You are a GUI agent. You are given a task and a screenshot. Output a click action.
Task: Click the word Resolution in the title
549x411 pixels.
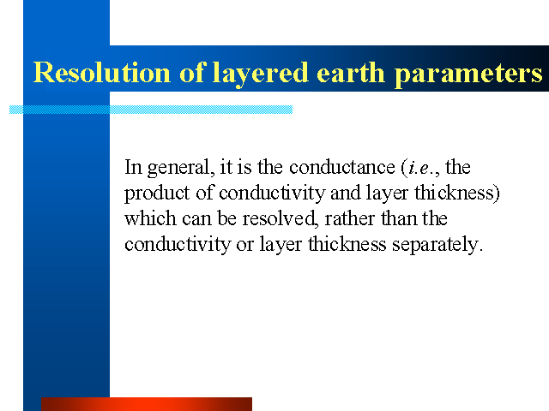pos(102,72)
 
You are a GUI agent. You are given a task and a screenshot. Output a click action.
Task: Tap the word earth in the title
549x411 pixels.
pos(351,72)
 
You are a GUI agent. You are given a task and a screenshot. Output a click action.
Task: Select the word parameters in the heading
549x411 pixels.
pos(469,74)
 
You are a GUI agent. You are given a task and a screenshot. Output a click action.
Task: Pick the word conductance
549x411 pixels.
pos(342,167)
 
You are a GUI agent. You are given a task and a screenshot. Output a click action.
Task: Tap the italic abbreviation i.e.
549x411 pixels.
pos(421,168)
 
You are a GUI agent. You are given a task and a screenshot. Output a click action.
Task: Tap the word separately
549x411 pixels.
pos(437,245)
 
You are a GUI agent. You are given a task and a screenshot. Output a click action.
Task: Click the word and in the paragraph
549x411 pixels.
pos(346,193)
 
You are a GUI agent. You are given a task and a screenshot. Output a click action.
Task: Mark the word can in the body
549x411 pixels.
pos(196,220)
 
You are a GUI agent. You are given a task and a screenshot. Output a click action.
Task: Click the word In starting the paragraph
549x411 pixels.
pos(134,167)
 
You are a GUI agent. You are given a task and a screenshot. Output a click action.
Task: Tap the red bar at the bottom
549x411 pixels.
pos(147,404)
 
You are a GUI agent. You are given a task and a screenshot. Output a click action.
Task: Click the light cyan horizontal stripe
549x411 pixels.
pos(151,110)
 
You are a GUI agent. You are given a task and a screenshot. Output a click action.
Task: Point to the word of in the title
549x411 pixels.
pos(192,72)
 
